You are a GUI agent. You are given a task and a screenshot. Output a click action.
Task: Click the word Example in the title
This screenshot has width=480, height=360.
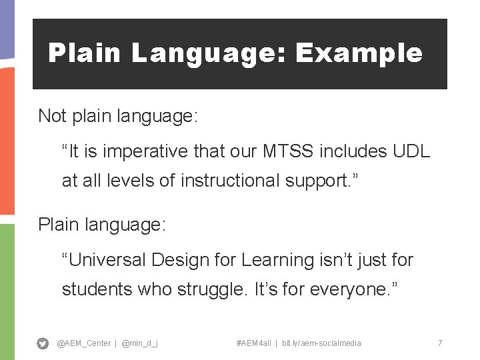359,53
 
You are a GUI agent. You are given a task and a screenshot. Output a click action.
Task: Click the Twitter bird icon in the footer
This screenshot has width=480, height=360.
43,343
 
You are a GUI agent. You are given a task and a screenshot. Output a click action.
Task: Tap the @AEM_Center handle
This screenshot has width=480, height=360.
84,343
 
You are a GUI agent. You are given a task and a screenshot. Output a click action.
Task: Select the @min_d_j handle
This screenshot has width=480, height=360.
140,343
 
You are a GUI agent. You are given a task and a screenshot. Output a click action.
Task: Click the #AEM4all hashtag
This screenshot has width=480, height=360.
253,343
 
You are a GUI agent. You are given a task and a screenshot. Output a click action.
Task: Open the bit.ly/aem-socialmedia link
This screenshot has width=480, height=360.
321,343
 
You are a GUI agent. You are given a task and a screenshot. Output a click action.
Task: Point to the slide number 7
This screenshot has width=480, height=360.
440,343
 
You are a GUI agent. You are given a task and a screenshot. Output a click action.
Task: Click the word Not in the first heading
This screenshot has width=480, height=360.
52,116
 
